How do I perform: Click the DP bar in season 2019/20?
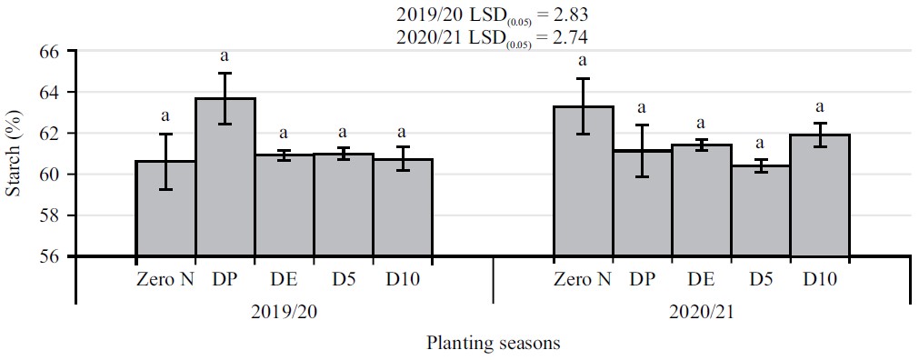coord(225,177)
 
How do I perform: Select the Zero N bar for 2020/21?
coord(583,182)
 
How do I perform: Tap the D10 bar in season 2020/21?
coord(819,195)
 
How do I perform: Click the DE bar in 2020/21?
coord(701,200)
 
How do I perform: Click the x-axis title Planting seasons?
coord(493,344)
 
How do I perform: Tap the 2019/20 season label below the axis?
coord(285,311)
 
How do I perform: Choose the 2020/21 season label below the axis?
coord(701,311)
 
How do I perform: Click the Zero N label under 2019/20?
coord(165,279)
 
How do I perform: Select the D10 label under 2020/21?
coord(819,279)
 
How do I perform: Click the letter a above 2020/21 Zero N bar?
coord(583,61)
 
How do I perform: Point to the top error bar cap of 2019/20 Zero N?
coord(165,134)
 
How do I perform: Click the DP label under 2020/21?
coord(642,279)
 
